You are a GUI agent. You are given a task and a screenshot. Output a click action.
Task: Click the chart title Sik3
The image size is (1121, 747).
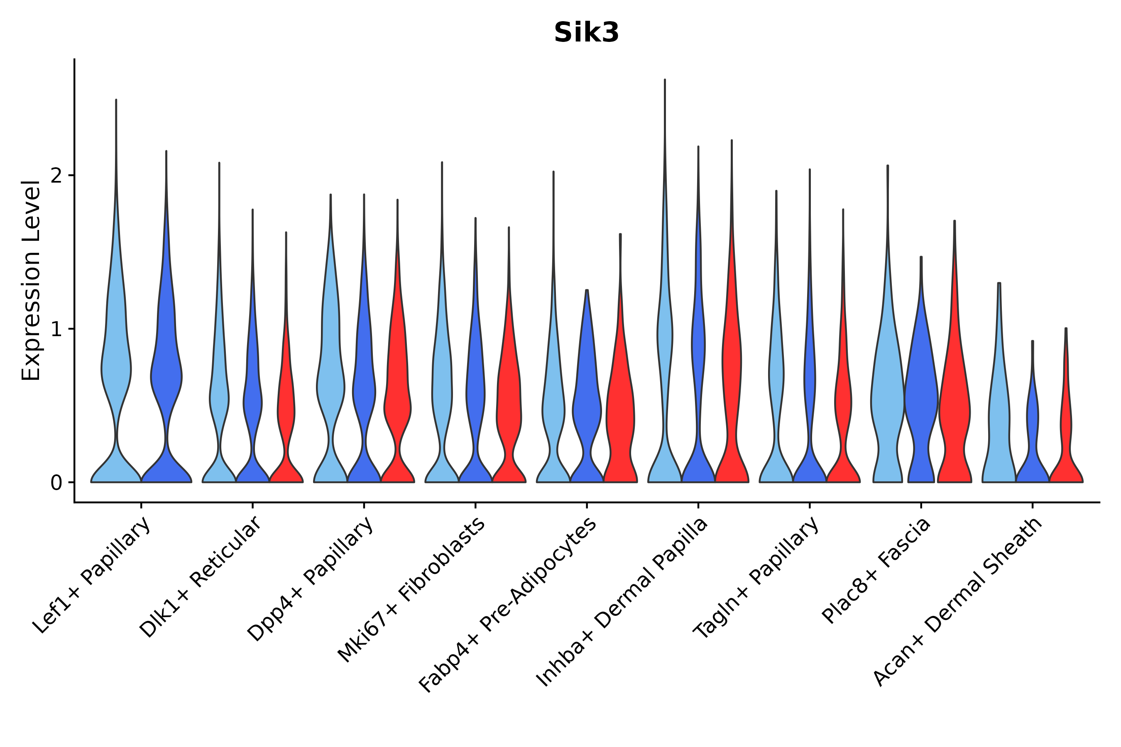point(586,33)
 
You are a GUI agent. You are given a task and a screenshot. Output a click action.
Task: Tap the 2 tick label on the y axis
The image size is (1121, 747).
point(56,176)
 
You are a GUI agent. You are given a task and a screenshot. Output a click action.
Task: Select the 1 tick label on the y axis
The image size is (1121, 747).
point(56,329)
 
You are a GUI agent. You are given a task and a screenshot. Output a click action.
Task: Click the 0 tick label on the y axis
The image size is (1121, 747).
point(56,483)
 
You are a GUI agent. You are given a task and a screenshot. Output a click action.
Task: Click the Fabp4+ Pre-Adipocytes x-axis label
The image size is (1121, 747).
point(508,605)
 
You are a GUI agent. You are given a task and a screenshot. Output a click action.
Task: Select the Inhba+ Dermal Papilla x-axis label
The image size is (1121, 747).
point(622,603)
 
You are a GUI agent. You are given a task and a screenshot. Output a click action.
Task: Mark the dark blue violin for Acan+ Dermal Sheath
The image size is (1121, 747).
point(1032,424)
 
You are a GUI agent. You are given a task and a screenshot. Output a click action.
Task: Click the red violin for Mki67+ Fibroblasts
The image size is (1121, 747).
point(509,405)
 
